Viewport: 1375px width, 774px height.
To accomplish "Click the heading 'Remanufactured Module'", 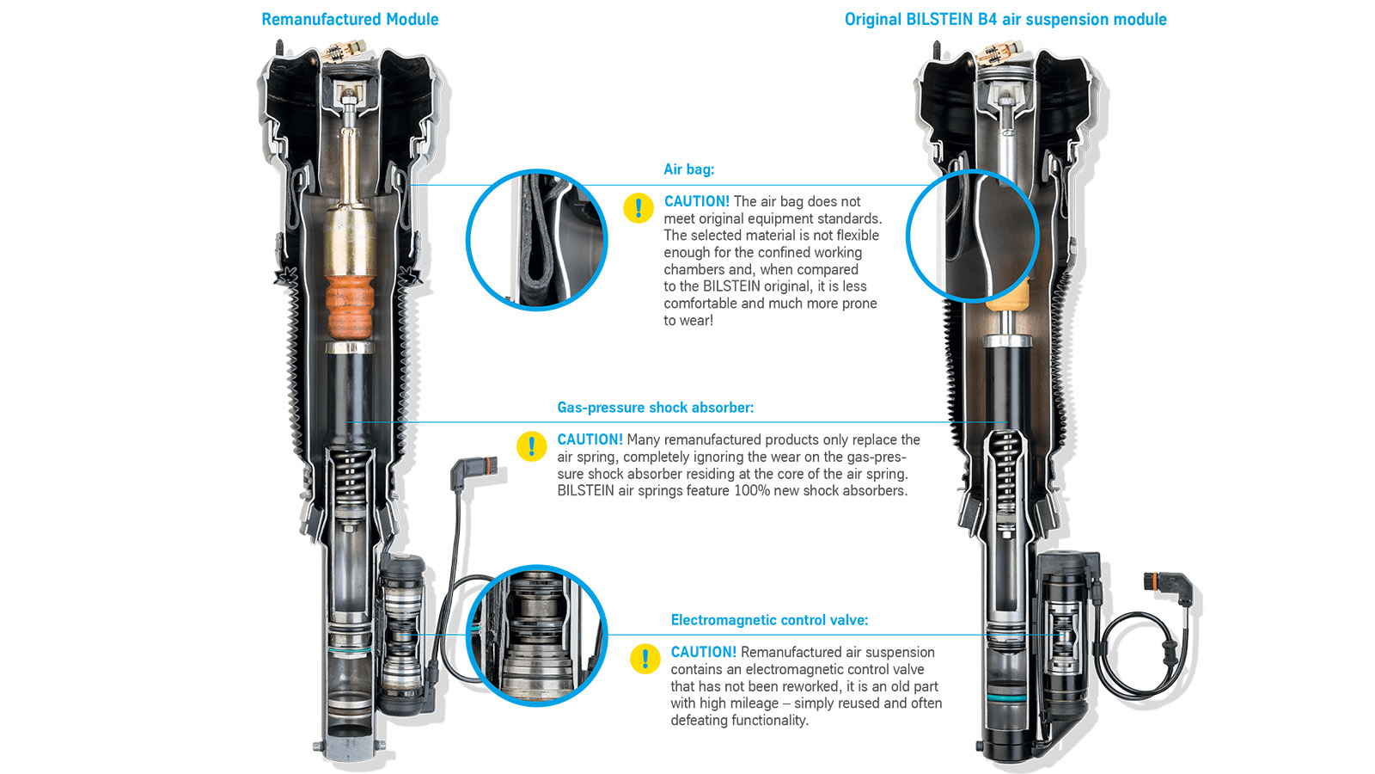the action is point(350,20).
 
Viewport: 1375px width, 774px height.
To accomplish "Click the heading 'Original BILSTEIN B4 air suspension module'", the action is point(1005,20).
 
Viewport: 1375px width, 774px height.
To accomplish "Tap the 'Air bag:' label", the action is point(688,169).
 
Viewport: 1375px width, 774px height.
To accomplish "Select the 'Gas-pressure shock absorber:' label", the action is point(656,408).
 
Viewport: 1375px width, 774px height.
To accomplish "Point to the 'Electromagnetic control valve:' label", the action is point(769,620).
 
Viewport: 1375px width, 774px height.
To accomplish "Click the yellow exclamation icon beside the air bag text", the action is point(639,208).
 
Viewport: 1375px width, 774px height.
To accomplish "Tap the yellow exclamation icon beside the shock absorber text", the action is point(532,446).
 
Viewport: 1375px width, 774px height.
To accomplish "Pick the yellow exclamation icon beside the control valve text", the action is point(645,659).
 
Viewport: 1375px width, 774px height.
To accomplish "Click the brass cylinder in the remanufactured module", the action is point(350,241).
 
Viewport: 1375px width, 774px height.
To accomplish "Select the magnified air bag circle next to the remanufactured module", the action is point(537,240).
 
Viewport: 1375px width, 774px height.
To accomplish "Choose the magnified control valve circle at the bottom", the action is point(537,636).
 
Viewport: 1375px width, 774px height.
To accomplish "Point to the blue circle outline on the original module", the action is point(972,236).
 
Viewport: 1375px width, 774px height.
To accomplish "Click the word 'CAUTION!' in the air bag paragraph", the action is point(697,201).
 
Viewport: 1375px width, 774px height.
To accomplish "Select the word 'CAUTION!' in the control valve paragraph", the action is point(704,653).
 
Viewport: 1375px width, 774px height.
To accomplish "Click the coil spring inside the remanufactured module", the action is point(350,476).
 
